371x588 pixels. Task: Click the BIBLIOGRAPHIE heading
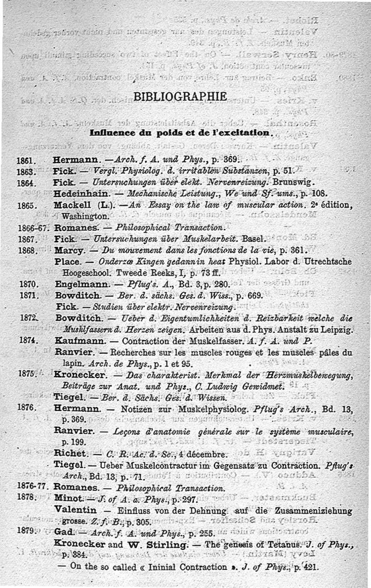[x=180, y=97]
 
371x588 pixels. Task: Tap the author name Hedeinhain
[x=81, y=193]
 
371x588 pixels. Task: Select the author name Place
[x=67, y=261]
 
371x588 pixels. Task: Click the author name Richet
[x=70, y=453]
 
